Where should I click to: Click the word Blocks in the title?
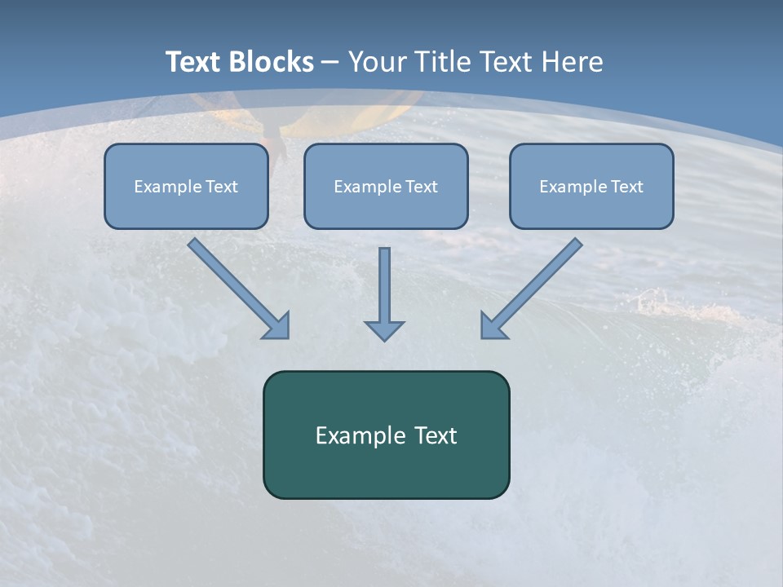[x=272, y=61]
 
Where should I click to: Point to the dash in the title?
[x=330, y=64]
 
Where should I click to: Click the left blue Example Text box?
[x=186, y=186]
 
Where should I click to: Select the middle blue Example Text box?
[x=386, y=186]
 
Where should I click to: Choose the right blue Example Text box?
[x=592, y=186]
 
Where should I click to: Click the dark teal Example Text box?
[x=387, y=435]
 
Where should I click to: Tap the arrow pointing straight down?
[x=384, y=294]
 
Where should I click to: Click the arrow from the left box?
[x=239, y=289]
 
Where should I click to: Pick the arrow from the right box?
[x=531, y=289]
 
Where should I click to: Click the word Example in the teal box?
[x=354, y=435]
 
